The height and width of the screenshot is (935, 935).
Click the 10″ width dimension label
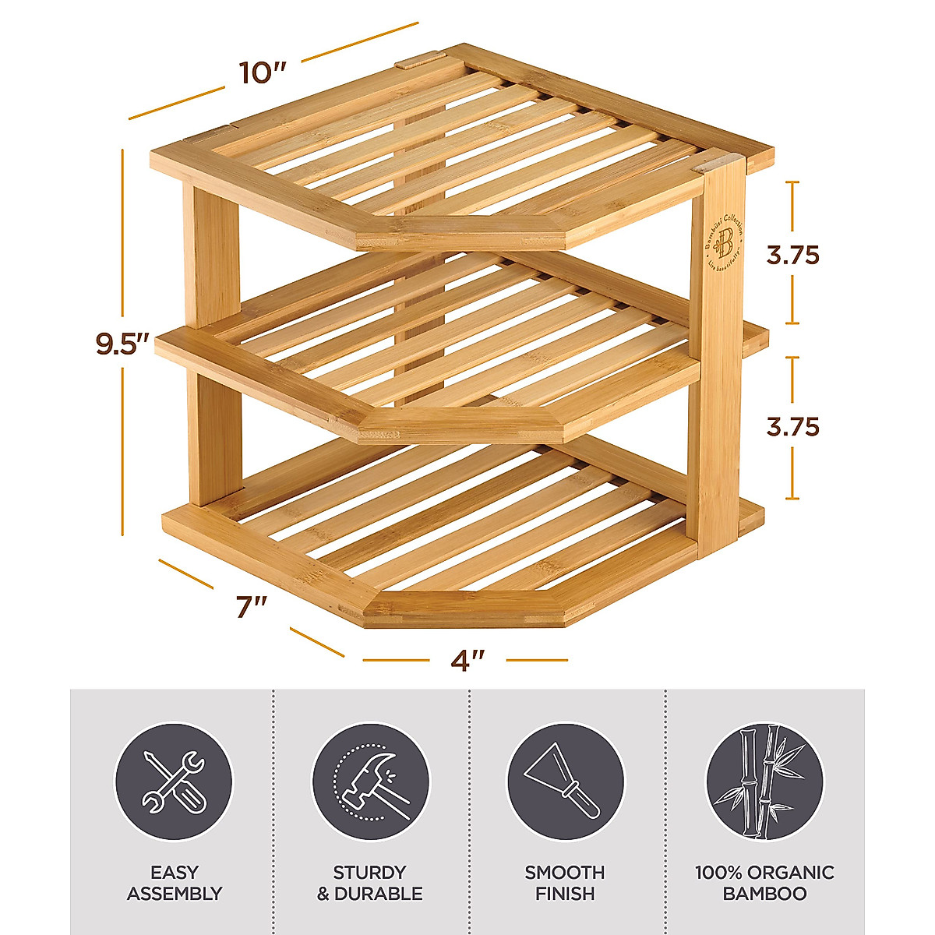click(263, 72)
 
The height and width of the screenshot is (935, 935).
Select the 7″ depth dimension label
click(251, 606)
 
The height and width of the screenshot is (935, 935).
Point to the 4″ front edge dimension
click(467, 660)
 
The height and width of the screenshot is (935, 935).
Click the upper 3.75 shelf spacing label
click(792, 255)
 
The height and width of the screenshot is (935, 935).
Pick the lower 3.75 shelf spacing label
click(792, 427)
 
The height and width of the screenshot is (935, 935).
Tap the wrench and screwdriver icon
click(174, 781)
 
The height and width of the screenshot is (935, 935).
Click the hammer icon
click(370, 781)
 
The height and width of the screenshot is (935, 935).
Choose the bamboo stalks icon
click(764, 781)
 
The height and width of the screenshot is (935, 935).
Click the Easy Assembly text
click(175, 883)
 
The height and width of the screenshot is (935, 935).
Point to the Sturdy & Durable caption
click(370, 883)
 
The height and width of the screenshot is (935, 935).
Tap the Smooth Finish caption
click(565, 883)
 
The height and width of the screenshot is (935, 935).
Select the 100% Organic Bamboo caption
click(764, 883)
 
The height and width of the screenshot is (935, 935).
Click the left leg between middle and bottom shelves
click(212, 436)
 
